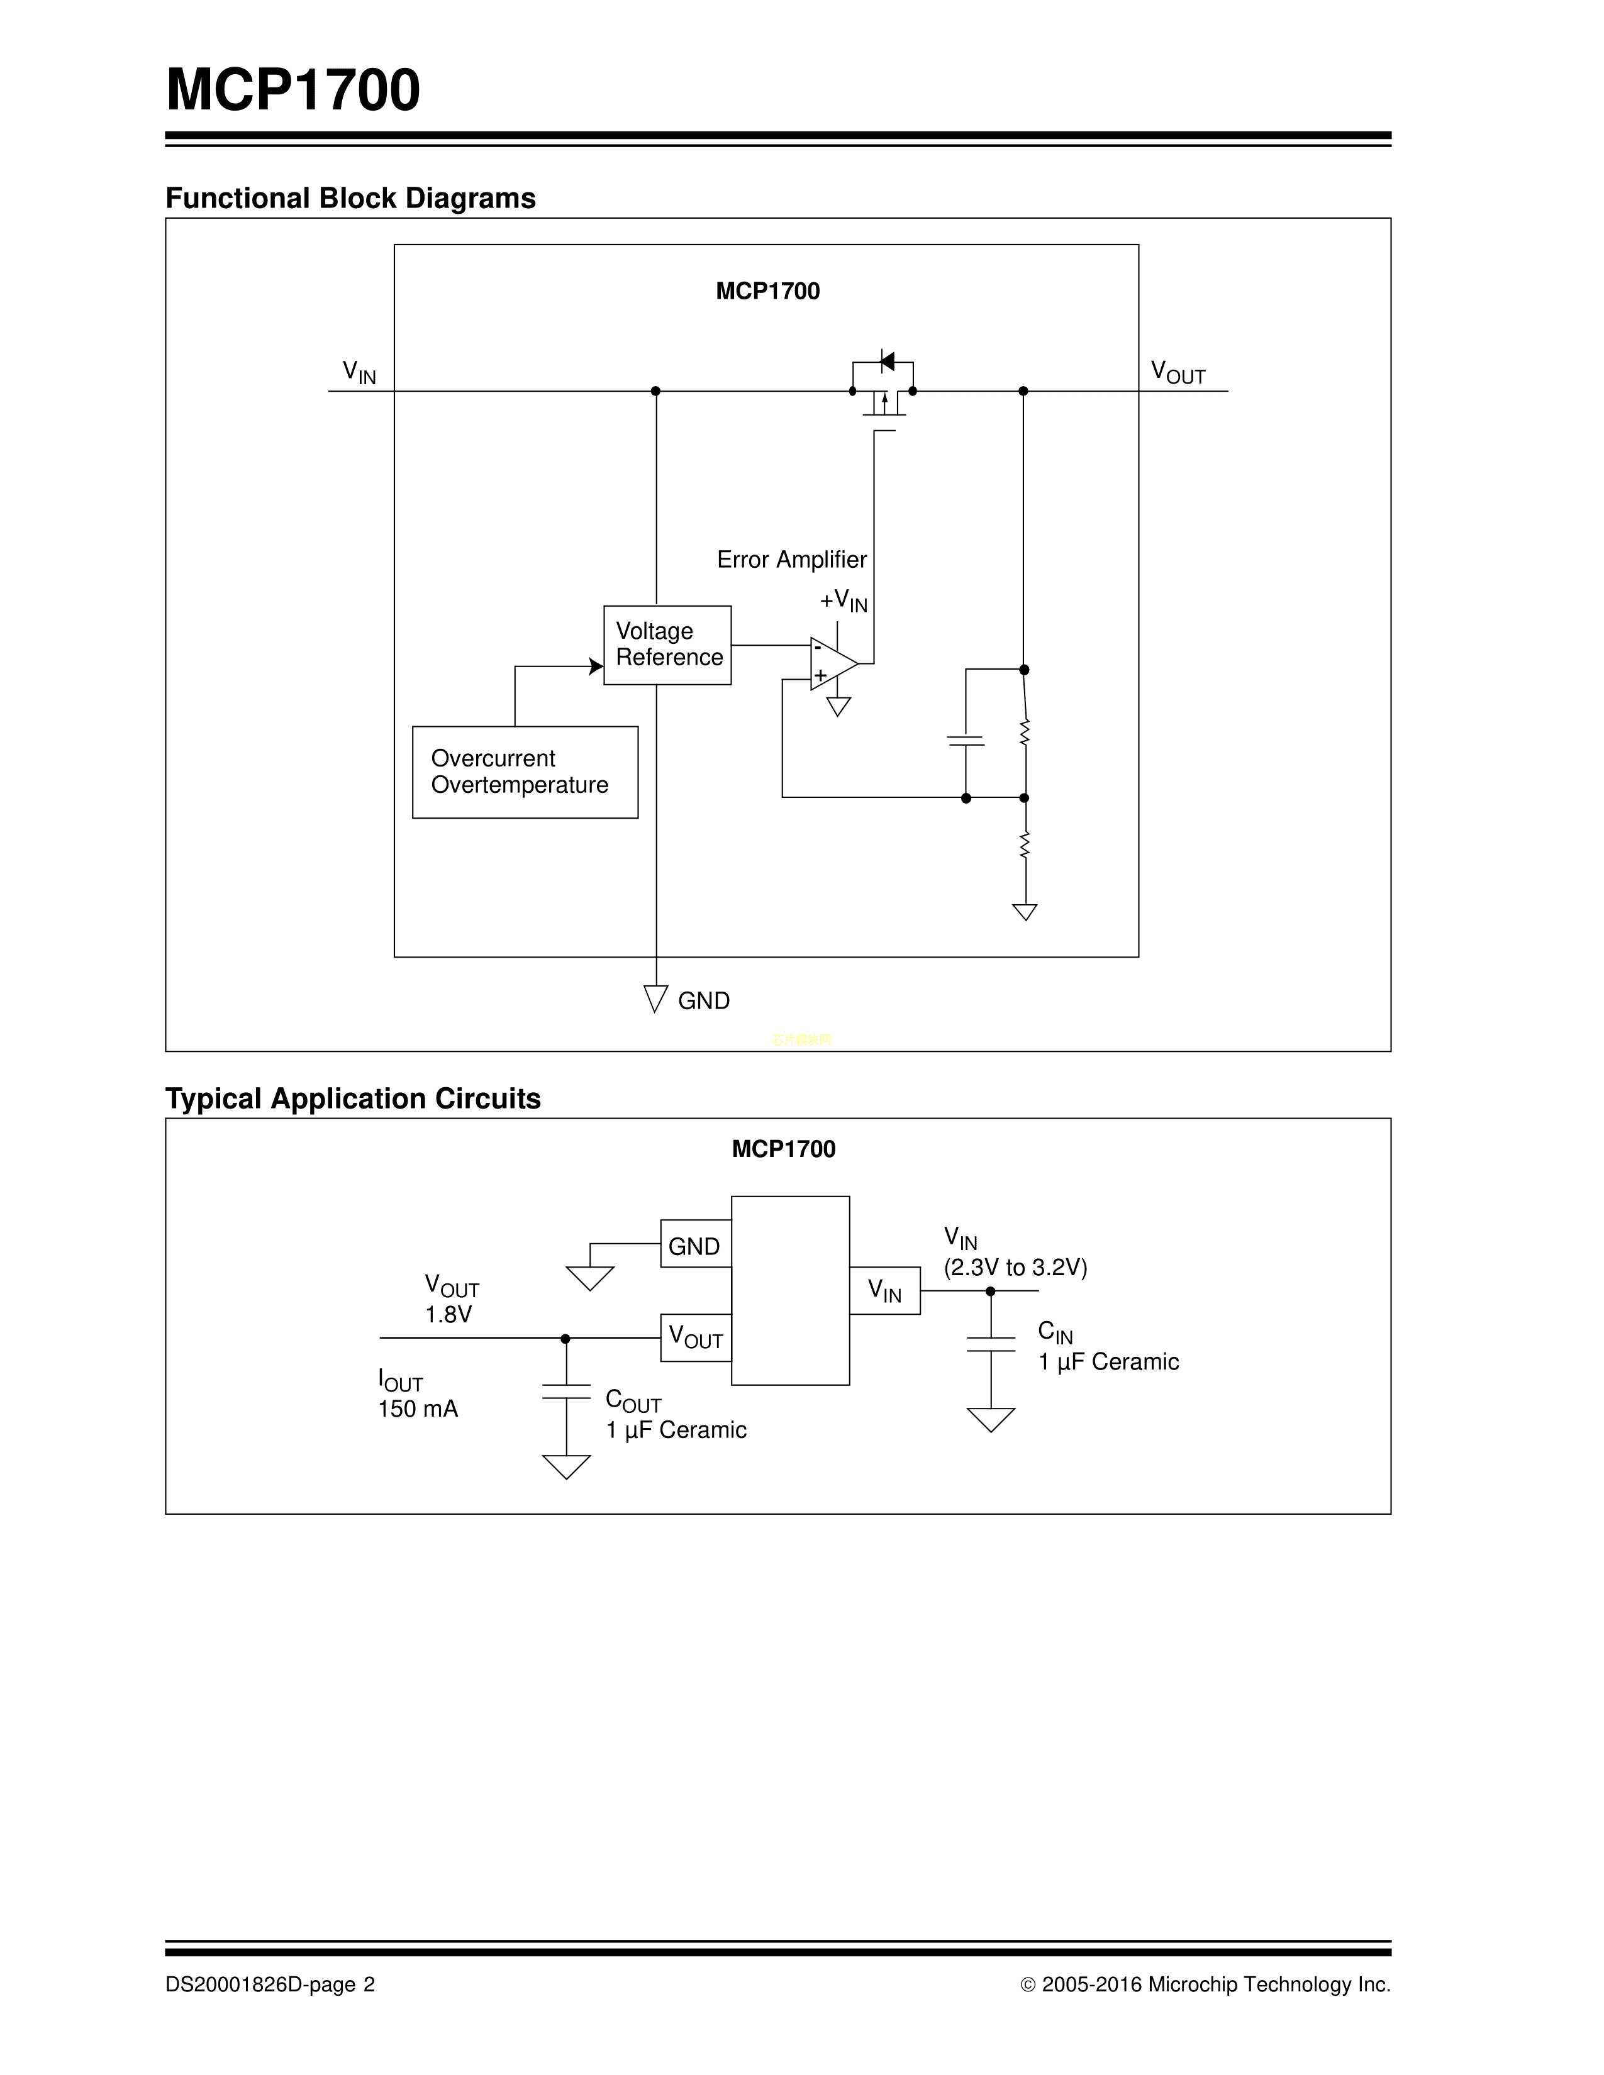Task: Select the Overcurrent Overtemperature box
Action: (525, 772)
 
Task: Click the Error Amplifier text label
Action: (791, 560)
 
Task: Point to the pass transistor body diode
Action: (886, 361)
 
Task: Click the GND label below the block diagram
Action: (703, 1000)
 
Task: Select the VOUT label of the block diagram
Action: (1178, 372)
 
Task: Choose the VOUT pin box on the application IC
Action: (696, 1337)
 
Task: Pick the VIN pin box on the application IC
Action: (884, 1290)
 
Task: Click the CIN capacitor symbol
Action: (990, 1344)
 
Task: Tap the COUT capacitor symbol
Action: (565, 1391)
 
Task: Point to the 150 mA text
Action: (418, 1409)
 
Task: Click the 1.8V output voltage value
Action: (448, 1314)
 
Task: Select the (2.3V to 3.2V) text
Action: (1015, 1268)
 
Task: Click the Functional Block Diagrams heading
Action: (350, 197)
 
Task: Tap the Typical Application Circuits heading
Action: (352, 1098)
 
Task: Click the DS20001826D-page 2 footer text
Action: (270, 1984)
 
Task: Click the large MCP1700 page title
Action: (292, 91)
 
